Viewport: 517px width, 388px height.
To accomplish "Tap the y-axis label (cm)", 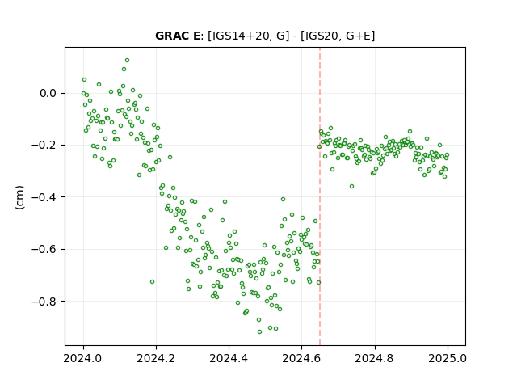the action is click(x=19, y=197).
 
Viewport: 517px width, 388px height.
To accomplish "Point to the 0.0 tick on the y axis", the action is click(x=48, y=94).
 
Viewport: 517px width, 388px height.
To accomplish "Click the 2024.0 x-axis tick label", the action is click(x=83, y=358).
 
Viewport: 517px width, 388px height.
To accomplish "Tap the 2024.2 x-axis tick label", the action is click(x=156, y=358).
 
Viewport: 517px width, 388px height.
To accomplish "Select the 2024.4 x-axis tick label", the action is click(x=229, y=358).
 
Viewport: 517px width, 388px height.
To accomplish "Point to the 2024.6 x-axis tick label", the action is click(x=301, y=358).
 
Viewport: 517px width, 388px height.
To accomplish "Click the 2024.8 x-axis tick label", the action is click(x=375, y=358).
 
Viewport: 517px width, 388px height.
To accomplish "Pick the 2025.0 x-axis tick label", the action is click(x=448, y=358).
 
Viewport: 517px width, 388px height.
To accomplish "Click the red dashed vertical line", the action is click(x=320, y=196).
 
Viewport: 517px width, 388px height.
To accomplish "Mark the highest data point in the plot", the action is click(x=127, y=61).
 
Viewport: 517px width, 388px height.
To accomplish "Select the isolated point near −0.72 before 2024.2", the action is click(x=152, y=282).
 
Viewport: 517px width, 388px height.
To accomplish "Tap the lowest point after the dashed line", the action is click(x=352, y=187).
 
